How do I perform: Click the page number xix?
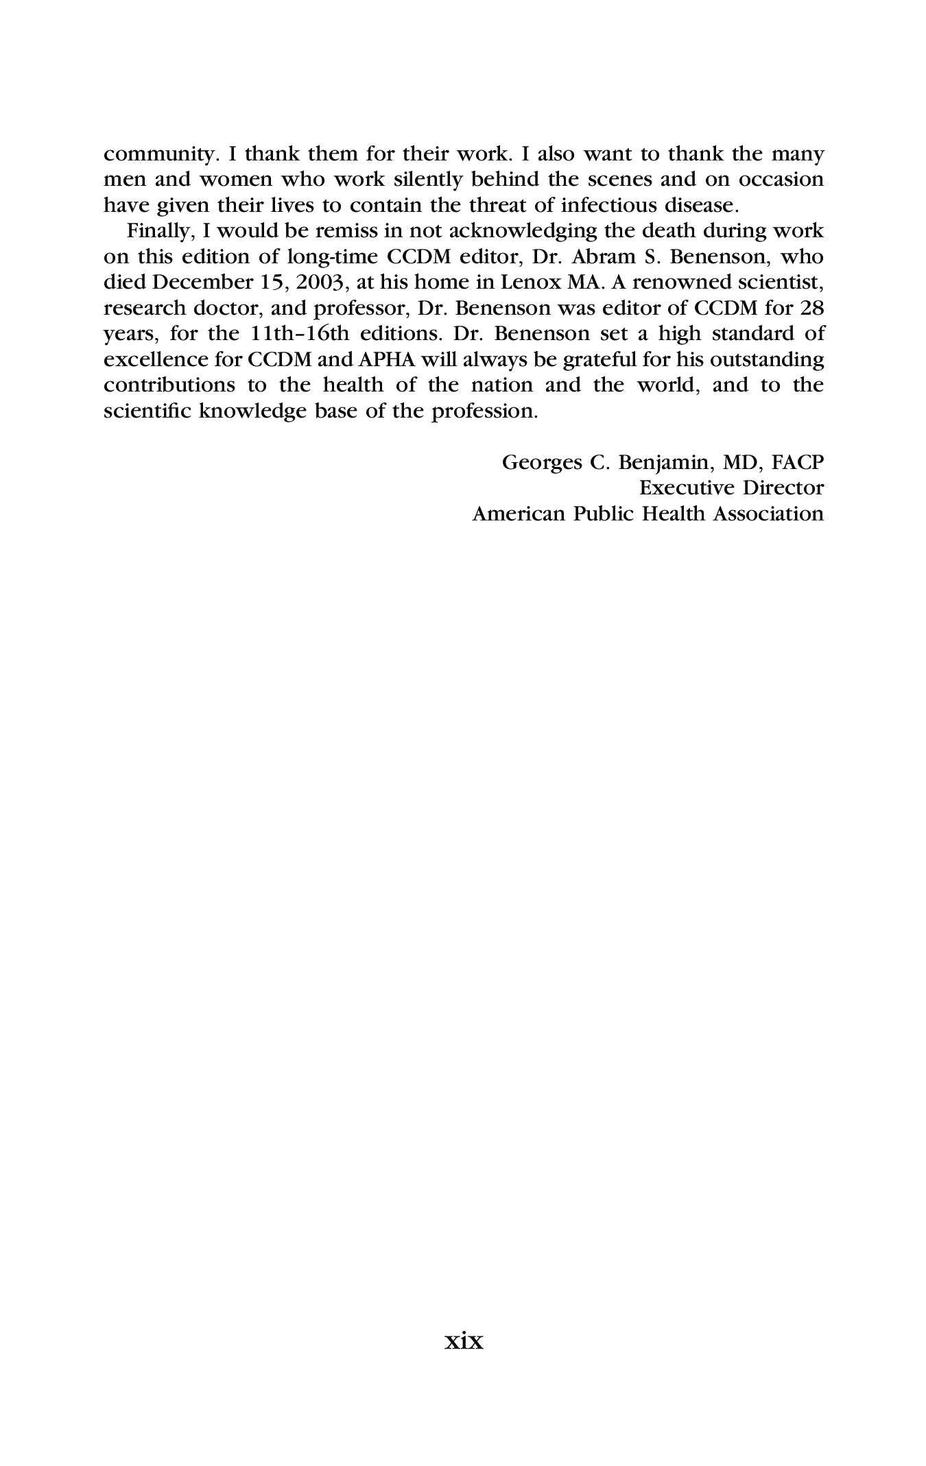[x=464, y=1341]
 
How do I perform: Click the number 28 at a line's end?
[x=810, y=308]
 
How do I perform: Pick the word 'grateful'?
[x=600, y=359]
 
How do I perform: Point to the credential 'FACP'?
[x=797, y=463]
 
